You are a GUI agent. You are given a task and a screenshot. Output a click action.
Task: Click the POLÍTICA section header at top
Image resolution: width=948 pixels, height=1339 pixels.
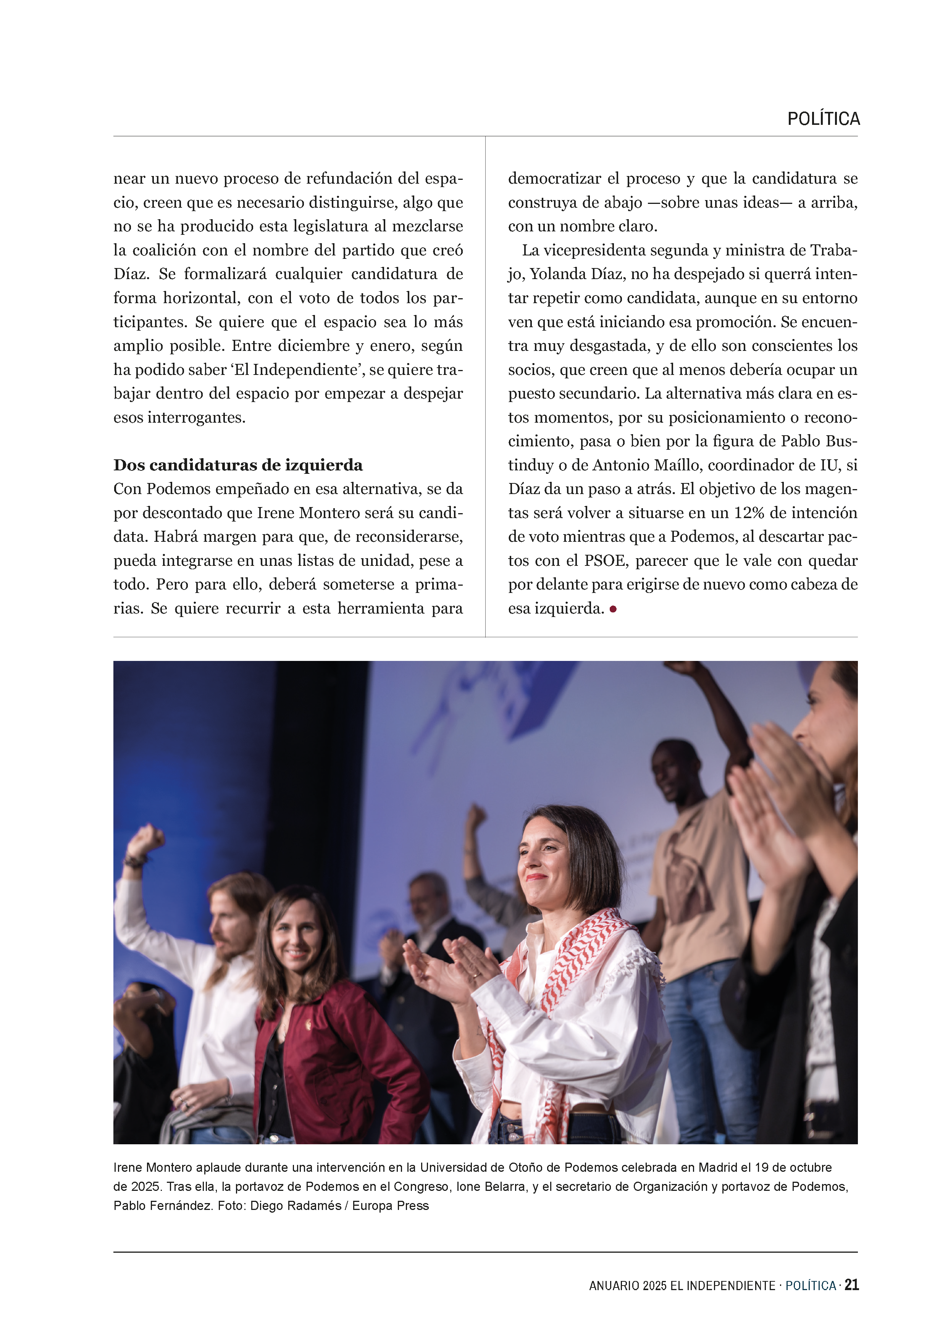[823, 119]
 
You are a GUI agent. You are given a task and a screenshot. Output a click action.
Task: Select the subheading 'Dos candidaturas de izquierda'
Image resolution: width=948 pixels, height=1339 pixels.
[237, 465]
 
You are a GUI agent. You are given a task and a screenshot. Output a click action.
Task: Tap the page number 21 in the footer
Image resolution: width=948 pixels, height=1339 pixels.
[852, 1285]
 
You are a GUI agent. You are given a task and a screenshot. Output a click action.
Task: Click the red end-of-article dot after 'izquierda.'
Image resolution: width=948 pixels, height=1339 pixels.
[613, 609]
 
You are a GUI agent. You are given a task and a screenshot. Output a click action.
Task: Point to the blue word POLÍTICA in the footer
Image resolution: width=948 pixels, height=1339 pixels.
[810, 1286]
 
